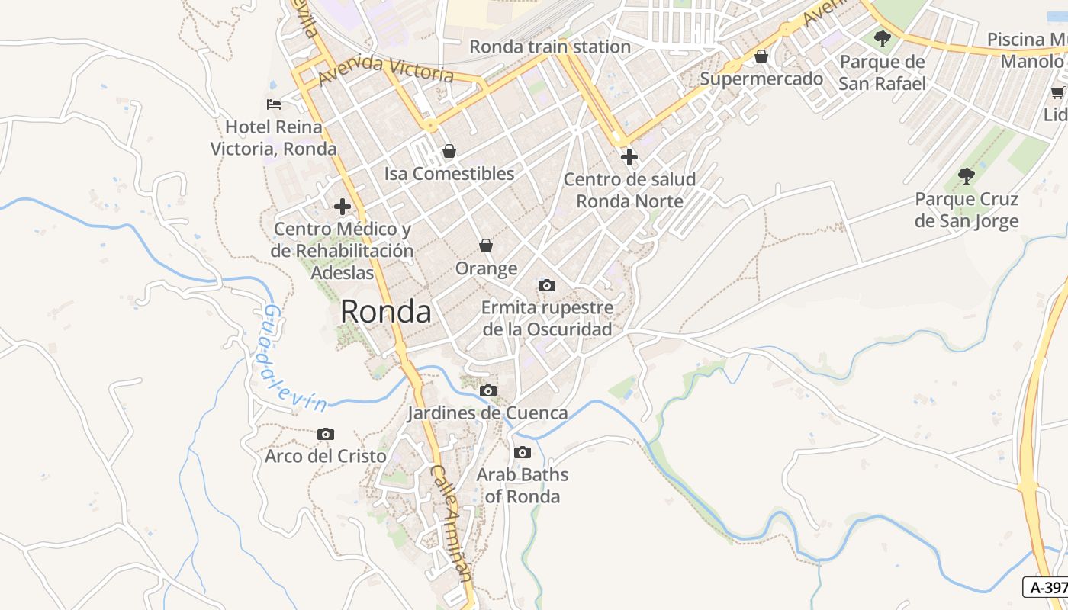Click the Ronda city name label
(385, 311)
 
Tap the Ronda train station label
(549, 47)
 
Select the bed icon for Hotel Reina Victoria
(274, 104)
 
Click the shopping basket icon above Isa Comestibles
(449, 151)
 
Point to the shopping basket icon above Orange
(486, 246)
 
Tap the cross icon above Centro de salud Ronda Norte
(629, 157)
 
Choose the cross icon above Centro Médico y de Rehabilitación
(343, 206)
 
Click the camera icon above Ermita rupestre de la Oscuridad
(547, 285)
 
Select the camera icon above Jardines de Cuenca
(487, 390)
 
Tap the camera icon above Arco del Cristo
(326, 434)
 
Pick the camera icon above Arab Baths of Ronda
(523, 452)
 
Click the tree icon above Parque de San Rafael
(883, 38)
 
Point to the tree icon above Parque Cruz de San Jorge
(967, 176)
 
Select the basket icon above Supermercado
(761, 56)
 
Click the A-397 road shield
(1047, 587)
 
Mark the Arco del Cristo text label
(326, 456)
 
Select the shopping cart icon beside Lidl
(1058, 92)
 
